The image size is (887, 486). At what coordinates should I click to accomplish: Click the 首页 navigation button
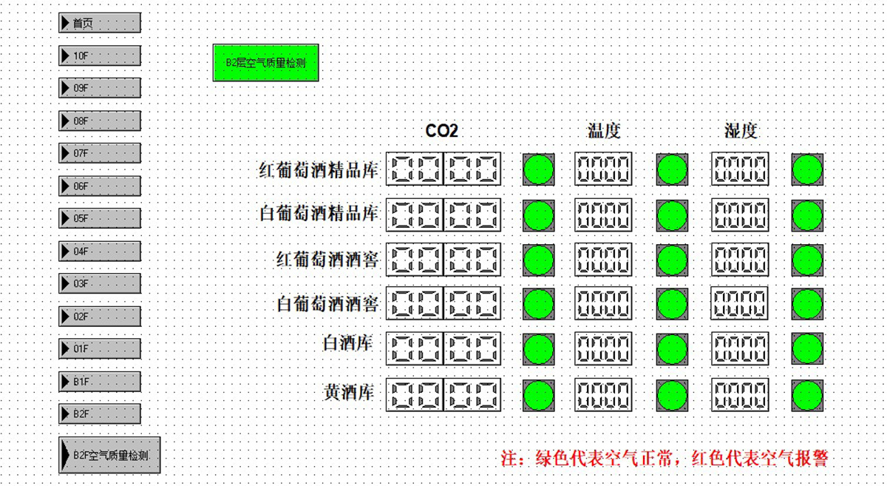[x=100, y=23]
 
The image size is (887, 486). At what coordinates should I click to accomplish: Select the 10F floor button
[x=100, y=56]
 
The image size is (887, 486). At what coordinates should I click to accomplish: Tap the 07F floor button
[x=100, y=153]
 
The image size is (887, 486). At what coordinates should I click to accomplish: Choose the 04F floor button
[x=100, y=252]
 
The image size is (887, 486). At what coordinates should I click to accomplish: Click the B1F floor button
[x=100, y=382]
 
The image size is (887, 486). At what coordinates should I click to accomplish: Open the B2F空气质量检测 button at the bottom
[x=109, y=455]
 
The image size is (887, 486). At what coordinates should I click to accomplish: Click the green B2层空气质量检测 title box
[x=265, y=63]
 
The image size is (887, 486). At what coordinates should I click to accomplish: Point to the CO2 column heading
[x=441, y=131]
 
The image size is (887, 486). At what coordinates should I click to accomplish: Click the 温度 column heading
[x=603, y=131]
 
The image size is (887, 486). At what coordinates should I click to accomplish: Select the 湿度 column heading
[x=741, y=131]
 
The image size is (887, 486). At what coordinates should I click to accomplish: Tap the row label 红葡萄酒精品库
[x=319, y=170]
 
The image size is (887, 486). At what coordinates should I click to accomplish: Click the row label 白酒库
[x=347, y=343]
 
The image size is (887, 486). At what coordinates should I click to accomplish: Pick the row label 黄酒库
[x=348, y=392]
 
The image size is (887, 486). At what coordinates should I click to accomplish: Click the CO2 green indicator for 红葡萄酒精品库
[x=539, y=169]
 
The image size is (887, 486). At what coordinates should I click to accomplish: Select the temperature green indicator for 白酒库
[x=672, y=349]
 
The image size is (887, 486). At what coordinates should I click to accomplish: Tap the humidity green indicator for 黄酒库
[x=807, y=395]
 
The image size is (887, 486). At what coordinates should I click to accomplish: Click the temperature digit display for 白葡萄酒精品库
[x=603, y=215]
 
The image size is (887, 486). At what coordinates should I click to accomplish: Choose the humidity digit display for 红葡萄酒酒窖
[x=740, y=260]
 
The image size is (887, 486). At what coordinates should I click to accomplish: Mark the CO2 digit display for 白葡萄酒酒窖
[x=443, y=303]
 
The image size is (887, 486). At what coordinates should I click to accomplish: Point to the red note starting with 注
[x=665, y=459]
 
